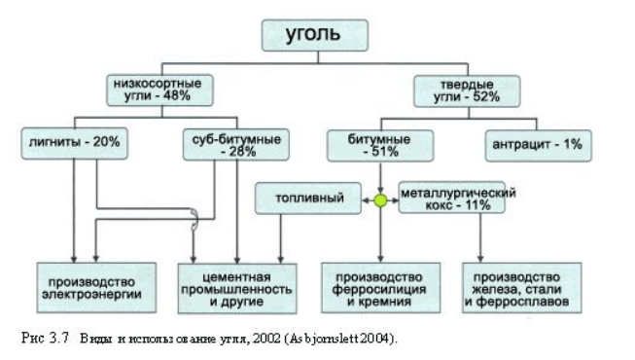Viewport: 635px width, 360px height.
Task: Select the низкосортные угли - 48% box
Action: [x=160, y=90]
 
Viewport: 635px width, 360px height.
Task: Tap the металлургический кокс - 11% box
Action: [x=456, y=201]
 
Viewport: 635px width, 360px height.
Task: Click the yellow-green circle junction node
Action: [x=381, y=201]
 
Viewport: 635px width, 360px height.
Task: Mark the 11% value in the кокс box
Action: [x=478, y=208]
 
